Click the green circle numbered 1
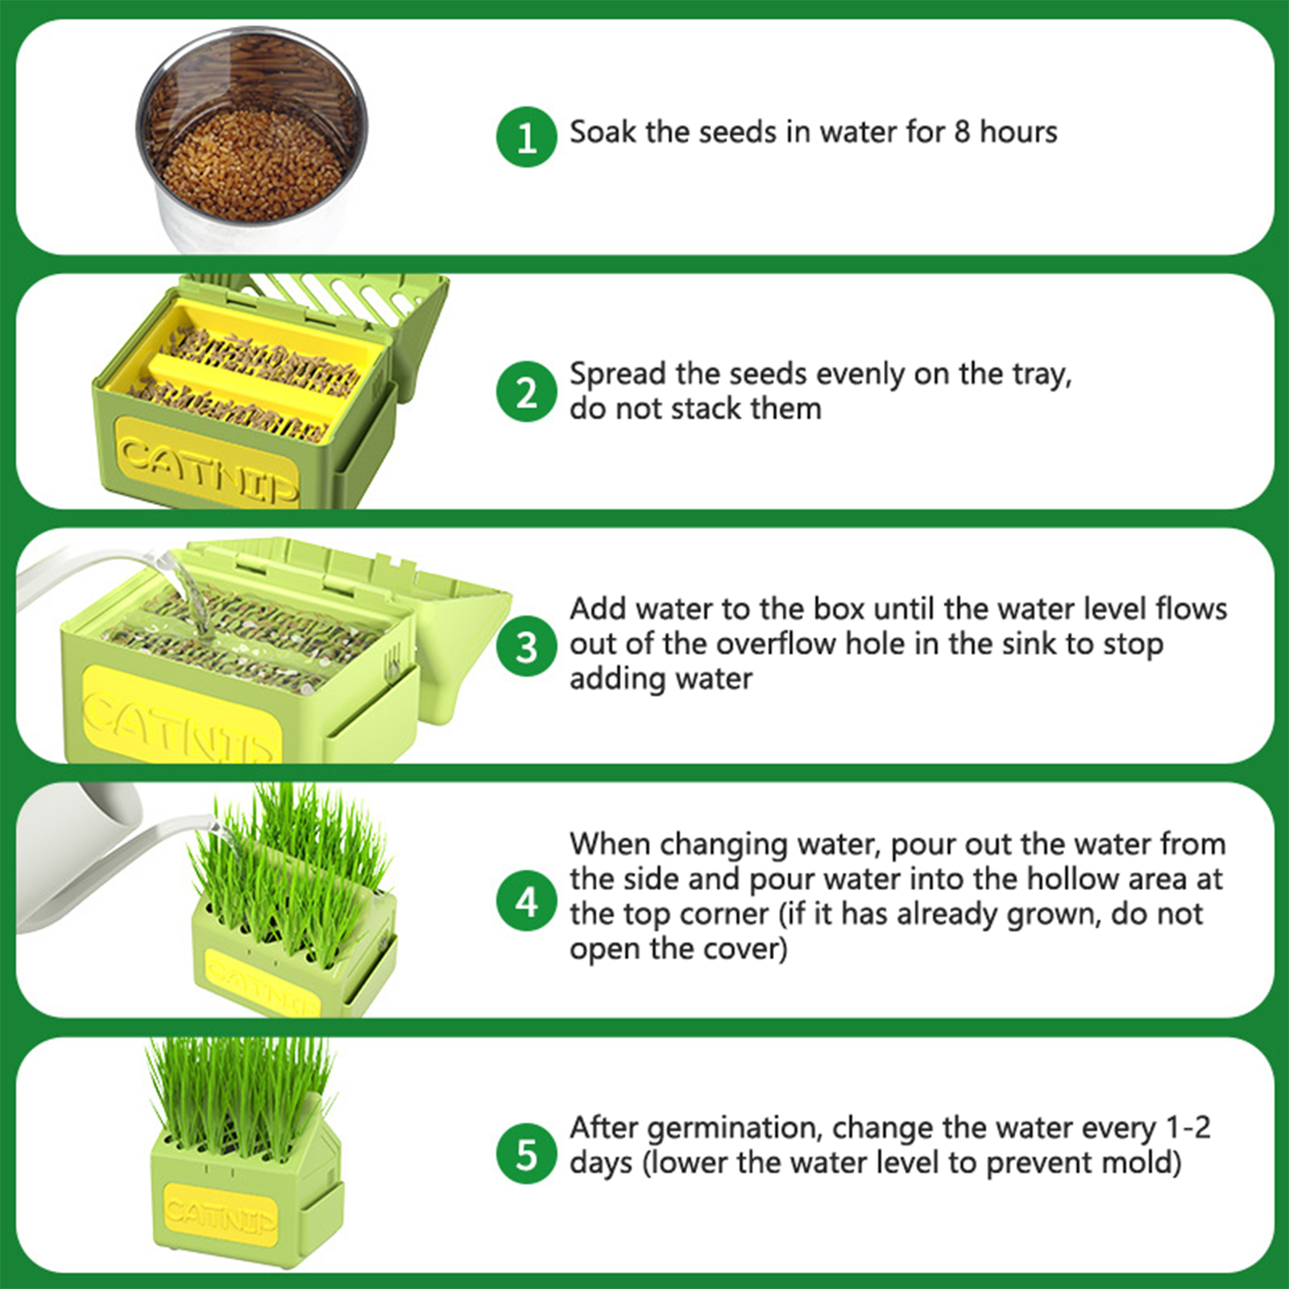(x=527, y=137)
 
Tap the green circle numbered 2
(x=527, y=392)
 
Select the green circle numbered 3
(x=527, y=646)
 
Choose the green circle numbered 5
(x=527, y=1154)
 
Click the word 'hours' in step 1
(x=1018, y=131)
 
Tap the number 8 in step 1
(x=962, y=132)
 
